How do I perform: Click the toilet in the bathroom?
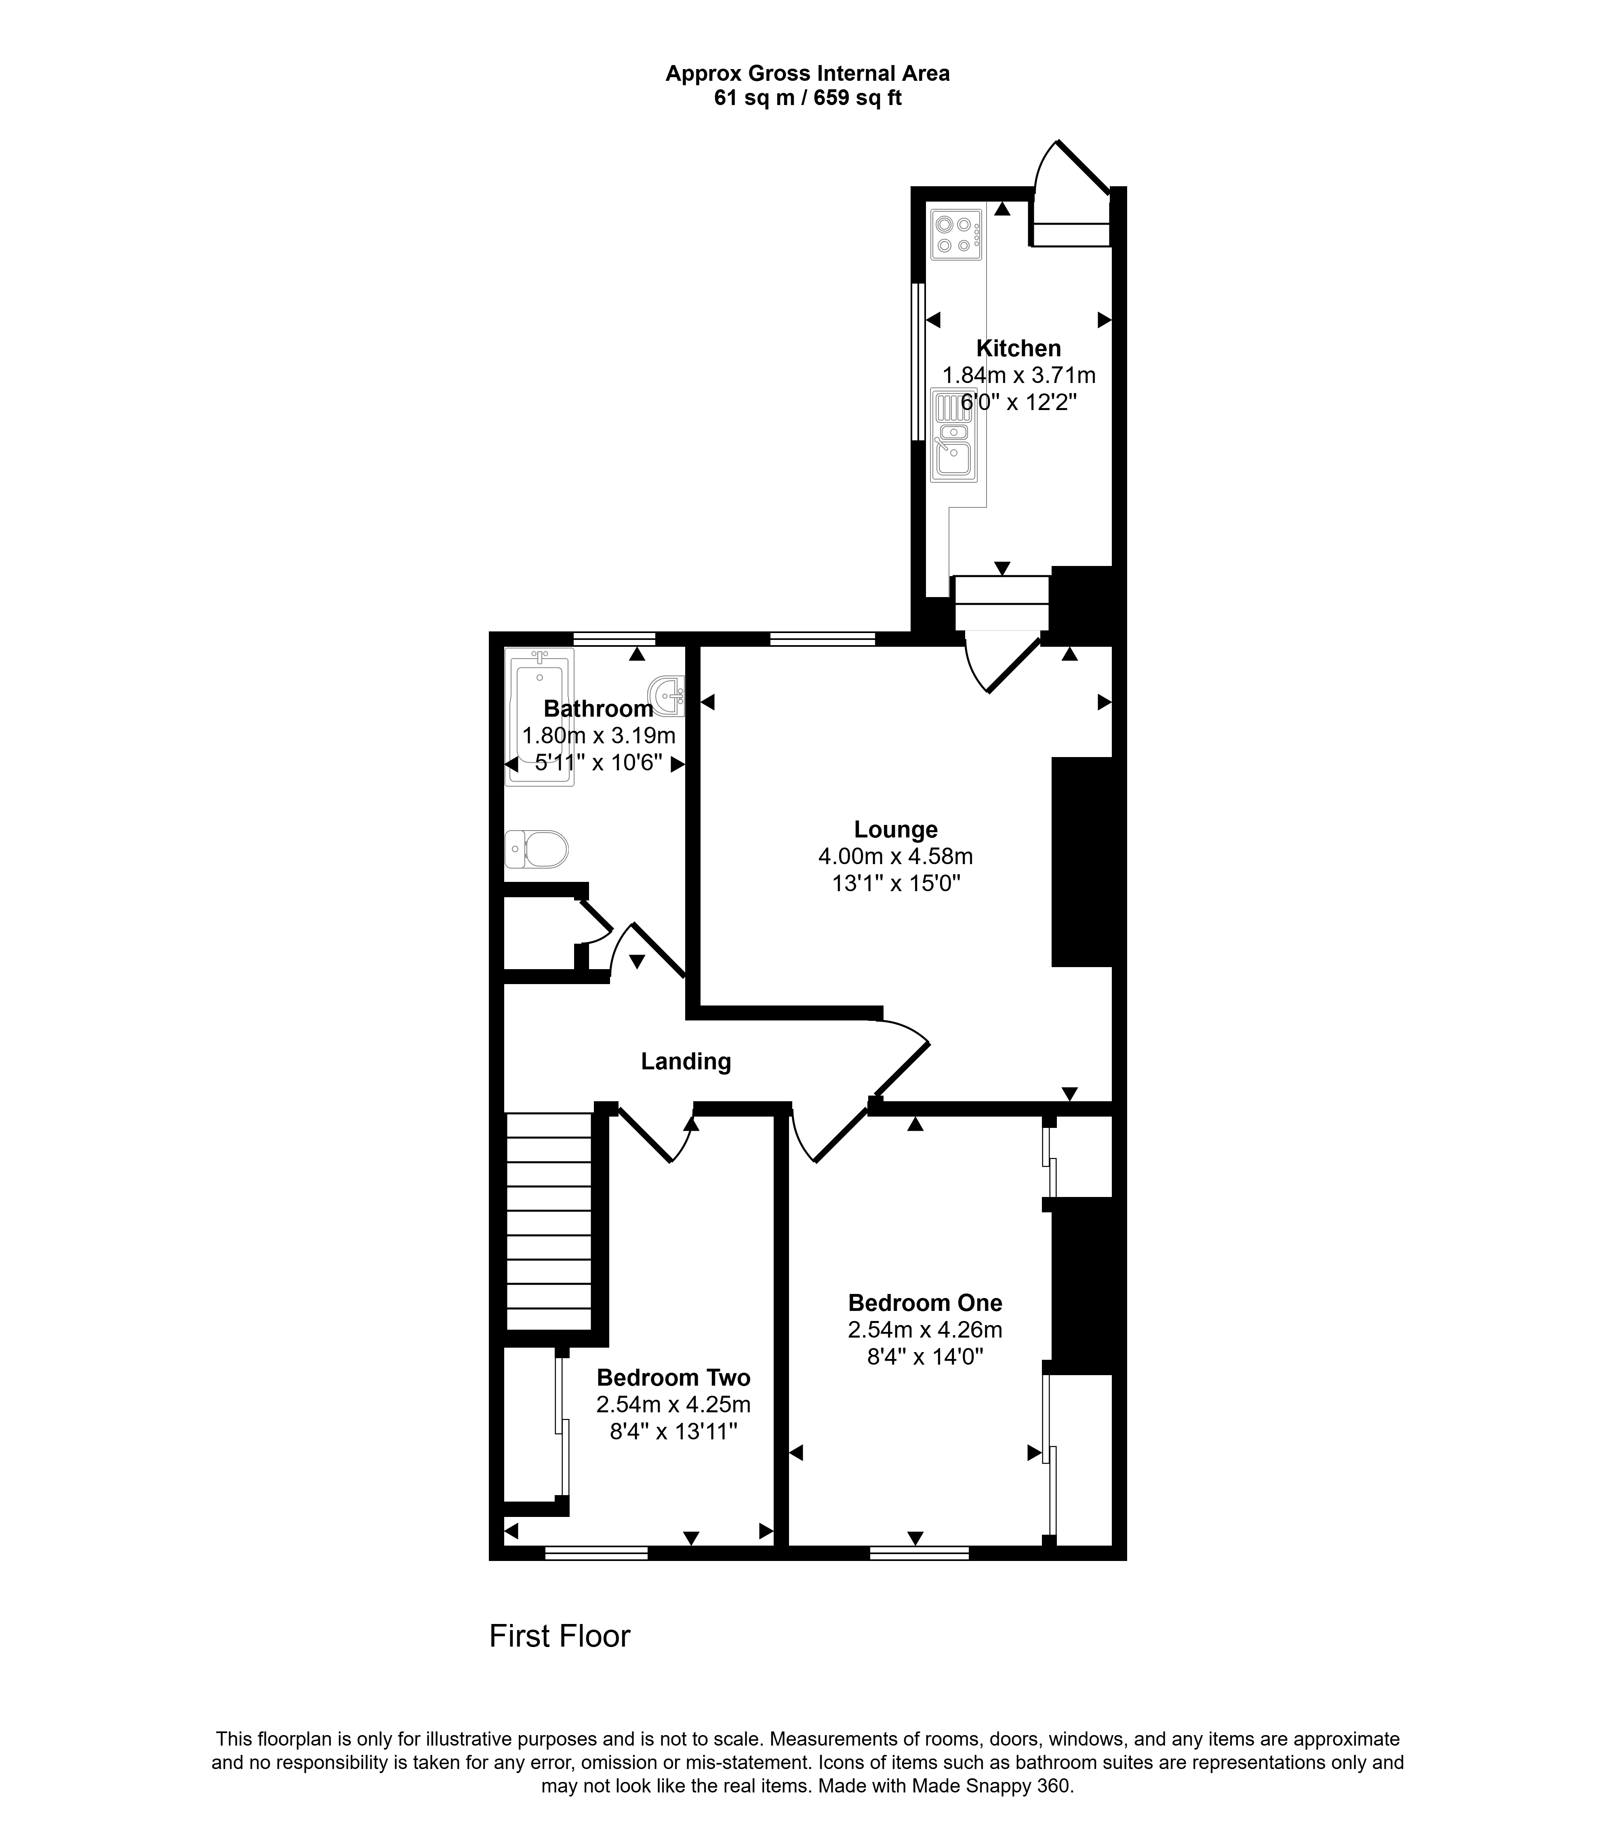pyautogui.click(x=537, y=849)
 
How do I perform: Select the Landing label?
pyautogui.click(x=686, y=1062)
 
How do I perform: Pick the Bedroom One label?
pyautogui.click(x=925, y=1303)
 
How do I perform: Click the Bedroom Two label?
pyautogui.click(x=673, y=1378)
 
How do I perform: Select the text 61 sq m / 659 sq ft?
pyautogui.click(x=808, y=99)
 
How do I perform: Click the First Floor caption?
pyautogui.click(x=560, y=1636)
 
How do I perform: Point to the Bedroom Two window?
pyautogui.click(x=596, y=1553)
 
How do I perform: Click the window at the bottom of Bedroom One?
pyautogui.click(x=920, y=1553)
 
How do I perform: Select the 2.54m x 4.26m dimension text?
pyautogui.click(x=925, y=1330)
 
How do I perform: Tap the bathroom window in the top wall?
pyautogui.click(x=614, y=639)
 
